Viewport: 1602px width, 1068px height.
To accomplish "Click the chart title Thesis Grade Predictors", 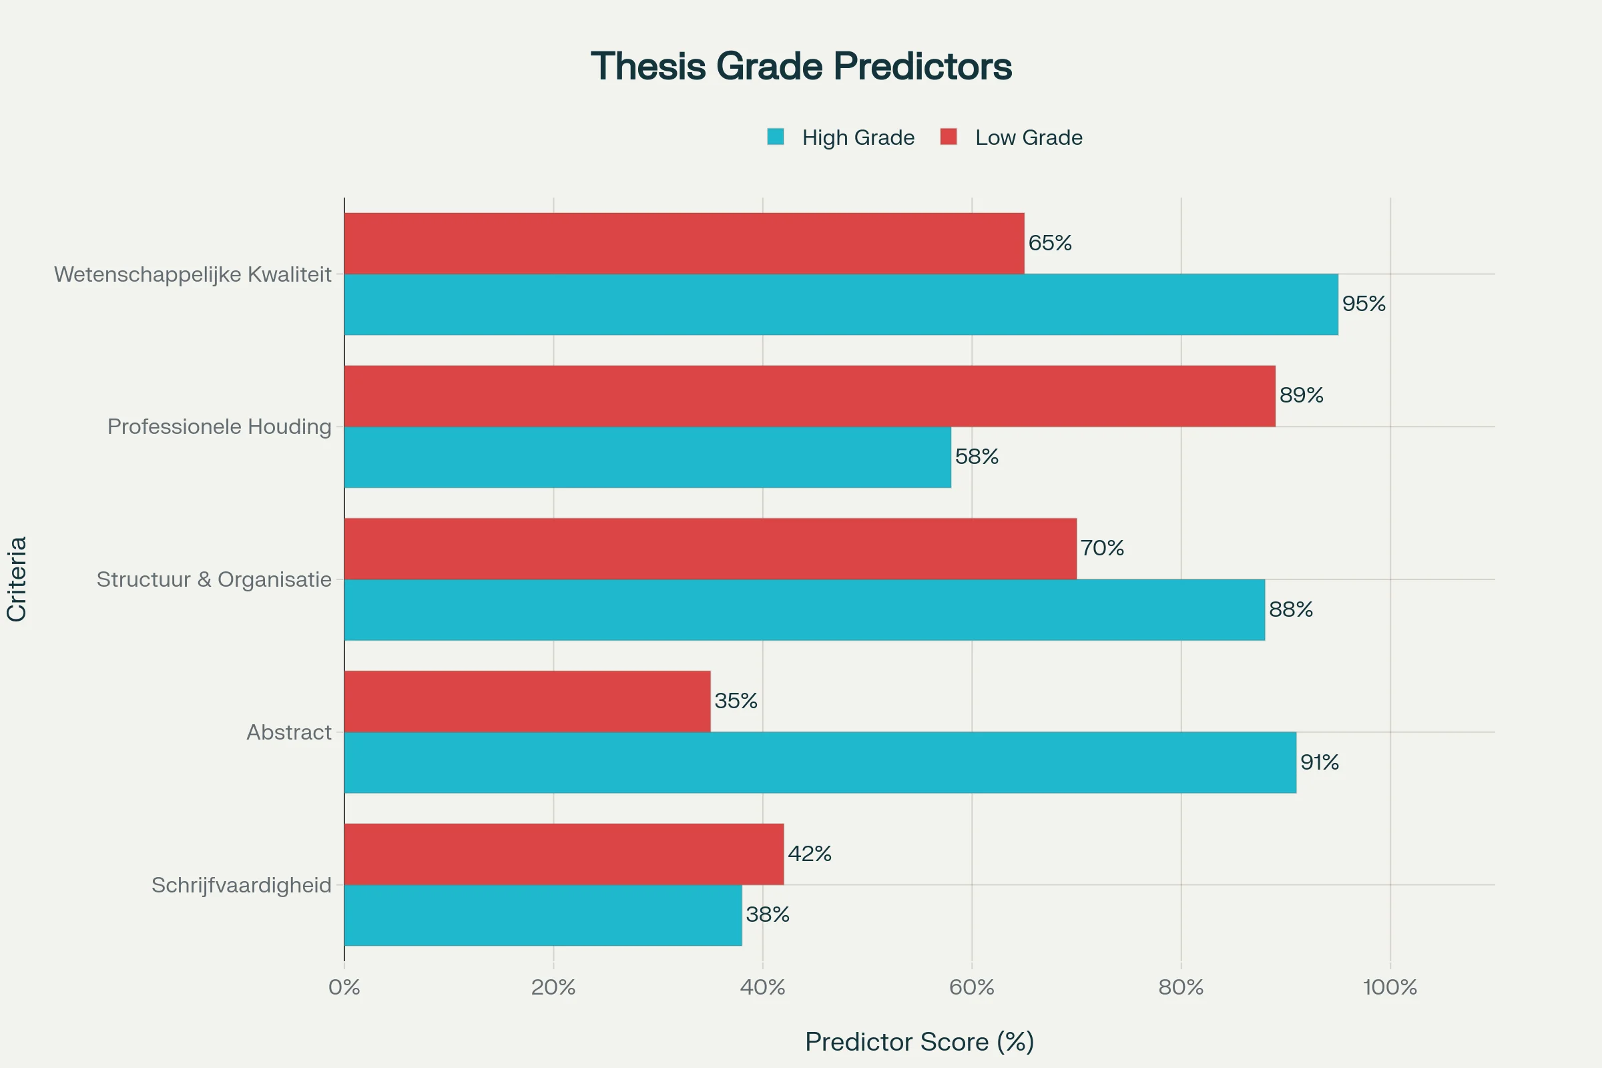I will [801, 67].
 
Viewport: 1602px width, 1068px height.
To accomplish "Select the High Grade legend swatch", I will [775, 137].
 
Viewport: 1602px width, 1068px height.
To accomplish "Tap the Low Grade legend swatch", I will [948, 137].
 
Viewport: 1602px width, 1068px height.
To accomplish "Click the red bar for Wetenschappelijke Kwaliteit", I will [684, 243].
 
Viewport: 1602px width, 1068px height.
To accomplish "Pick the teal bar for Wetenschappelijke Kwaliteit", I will [840, 304].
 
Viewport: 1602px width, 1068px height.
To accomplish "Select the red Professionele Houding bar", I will [809, 396].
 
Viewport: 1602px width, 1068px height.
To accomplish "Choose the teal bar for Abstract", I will [820, 762].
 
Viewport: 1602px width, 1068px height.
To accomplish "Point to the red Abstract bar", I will [527, 701].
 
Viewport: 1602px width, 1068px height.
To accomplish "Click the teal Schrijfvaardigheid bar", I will [543, 914].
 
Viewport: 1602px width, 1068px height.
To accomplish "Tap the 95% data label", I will [1364, 304].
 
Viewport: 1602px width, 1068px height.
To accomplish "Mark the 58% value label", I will [977, 457].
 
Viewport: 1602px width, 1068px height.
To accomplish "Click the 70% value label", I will [1102, 548].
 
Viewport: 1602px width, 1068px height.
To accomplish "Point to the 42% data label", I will [810, 854].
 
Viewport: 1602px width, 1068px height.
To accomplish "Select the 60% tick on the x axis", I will [971, 988].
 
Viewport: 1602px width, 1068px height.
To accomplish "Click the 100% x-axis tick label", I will [1390, 988].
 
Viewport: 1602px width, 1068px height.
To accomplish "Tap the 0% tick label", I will [344, 988].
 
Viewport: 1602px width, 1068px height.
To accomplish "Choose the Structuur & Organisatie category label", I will [214, 579].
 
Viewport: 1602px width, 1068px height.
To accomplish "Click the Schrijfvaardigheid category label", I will [241, 885].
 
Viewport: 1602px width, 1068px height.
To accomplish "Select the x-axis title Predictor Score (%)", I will [920, 1042].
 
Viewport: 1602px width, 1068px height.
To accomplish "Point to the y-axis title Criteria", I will [16, 579].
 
